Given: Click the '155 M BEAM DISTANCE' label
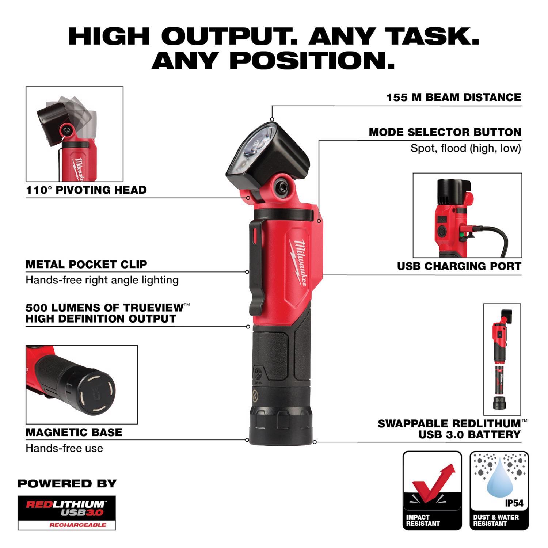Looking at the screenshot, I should (454, 98).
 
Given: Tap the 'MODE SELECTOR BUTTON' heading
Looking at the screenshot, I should (445, 132).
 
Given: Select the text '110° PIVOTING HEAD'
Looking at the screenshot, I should (86, 190).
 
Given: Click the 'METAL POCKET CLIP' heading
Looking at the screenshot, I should (86, 264).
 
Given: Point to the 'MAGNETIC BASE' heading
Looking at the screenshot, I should (74, 433).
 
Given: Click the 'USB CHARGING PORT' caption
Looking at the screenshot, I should (459, 266).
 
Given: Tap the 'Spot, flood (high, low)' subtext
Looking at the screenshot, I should (465, 148).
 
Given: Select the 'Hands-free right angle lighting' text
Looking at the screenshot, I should (102, 280).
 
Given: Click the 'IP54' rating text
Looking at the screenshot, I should (514, 503).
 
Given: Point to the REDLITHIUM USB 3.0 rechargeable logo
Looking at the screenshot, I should (66, 513).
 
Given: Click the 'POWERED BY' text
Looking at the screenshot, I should (67, 483).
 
